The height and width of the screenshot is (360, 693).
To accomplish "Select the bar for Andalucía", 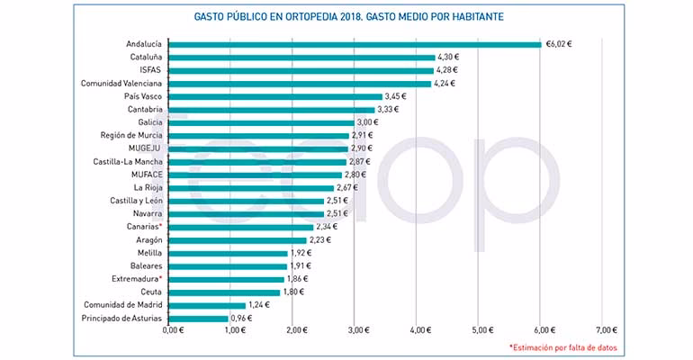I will [355, 43].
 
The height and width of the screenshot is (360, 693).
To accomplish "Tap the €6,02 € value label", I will [560, 43].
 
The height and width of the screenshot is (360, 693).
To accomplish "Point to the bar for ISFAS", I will [301, 70].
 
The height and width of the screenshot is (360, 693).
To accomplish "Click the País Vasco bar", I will [275, 96].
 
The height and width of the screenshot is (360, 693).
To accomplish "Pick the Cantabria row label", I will [145, 109].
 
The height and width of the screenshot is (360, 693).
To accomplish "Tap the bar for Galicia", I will [262, 122].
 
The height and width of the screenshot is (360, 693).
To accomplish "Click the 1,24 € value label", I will [260, 305].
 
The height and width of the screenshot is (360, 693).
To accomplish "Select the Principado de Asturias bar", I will [198, 319].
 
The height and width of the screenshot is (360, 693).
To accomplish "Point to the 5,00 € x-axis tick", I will [479, 331].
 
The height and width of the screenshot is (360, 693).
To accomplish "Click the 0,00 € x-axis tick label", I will [171, 331].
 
